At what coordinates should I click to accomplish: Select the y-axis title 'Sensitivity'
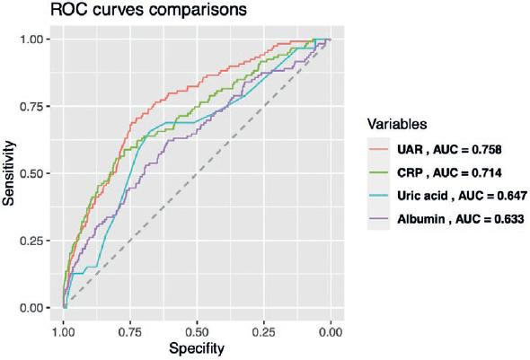(x=10, y=173)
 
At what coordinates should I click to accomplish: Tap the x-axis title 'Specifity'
(x=197, y=347)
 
